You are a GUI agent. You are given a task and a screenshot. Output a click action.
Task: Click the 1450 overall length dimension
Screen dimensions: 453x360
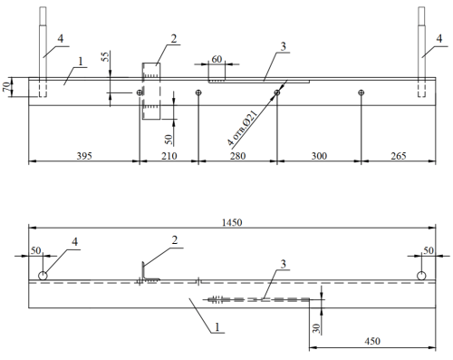232,222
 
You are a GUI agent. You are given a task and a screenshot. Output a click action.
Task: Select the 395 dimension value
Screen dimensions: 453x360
84,156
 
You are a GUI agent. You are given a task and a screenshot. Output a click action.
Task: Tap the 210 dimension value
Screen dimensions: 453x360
169,156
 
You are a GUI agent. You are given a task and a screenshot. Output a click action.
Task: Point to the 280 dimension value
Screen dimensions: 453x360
237,156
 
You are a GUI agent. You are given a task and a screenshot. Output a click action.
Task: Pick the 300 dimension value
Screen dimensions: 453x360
319,156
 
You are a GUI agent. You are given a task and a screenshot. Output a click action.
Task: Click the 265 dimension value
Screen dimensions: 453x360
399,156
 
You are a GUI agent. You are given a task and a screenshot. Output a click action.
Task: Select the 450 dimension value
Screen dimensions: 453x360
372,341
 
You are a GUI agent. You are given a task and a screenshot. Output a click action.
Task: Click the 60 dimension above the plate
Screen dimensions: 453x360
217,59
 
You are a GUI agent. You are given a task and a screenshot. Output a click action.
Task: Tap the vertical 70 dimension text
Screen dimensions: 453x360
7,86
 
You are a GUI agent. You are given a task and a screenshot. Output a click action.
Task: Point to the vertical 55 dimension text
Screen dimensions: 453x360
105,57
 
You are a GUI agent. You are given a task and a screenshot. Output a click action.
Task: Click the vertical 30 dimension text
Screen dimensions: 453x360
316,328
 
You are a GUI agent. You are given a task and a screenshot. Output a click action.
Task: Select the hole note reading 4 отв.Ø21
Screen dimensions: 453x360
243,128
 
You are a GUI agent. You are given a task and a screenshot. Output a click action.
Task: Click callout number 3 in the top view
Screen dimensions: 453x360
283,46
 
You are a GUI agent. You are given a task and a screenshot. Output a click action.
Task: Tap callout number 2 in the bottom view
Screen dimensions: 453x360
175,240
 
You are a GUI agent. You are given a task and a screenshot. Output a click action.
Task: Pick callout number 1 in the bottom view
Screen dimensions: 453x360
217,327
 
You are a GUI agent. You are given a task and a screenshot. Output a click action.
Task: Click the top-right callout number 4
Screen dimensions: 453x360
439,38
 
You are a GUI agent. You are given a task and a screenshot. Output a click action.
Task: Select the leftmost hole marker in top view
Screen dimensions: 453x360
140,92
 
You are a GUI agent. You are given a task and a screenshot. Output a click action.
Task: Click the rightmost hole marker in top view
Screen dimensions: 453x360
361,92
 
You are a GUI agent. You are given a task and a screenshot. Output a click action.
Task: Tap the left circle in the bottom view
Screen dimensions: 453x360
43,276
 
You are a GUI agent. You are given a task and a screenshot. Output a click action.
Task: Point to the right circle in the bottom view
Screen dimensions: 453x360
421,276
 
